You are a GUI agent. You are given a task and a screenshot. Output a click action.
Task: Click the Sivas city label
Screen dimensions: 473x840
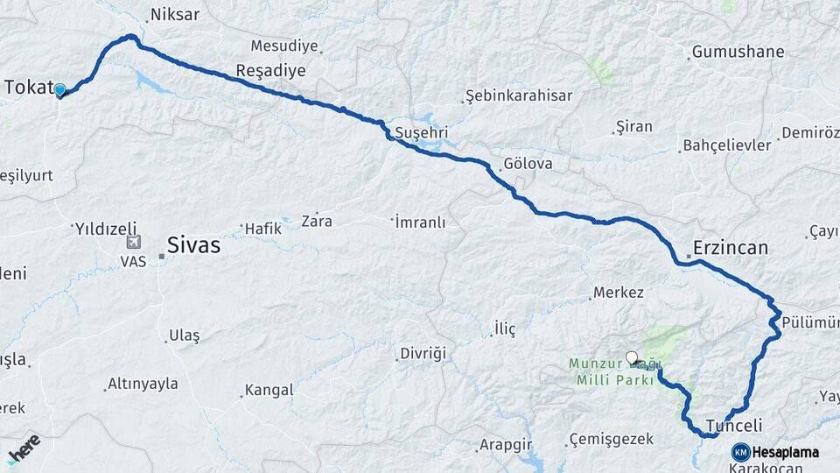193,246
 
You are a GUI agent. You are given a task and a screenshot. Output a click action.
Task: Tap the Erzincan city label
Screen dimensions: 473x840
731,248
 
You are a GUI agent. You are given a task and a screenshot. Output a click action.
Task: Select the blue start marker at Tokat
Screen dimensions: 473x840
59,89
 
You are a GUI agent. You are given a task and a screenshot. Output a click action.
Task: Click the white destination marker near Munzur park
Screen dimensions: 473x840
632,357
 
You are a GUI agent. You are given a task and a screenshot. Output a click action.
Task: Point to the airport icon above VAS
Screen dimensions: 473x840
133,243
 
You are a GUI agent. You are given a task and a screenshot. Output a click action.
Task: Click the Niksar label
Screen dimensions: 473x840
175,14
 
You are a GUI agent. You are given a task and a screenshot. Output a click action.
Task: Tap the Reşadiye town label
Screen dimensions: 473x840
270,70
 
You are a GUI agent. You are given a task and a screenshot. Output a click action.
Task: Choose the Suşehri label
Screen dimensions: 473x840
422,132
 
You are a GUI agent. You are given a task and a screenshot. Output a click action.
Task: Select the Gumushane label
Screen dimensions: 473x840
738,52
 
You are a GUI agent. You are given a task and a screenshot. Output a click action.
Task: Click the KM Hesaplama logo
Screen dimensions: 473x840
776,452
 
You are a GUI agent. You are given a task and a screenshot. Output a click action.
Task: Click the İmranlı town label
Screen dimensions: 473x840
420,222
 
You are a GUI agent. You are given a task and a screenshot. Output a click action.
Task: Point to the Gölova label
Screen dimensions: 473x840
528,165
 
